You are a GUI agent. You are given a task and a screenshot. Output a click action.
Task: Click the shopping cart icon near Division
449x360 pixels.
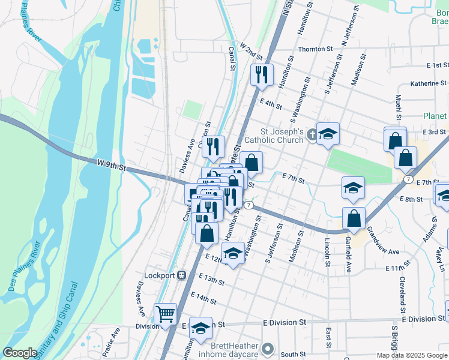tap(165, 313)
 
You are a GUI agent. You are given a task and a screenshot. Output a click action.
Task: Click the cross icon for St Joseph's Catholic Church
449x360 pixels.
tap(312, 134)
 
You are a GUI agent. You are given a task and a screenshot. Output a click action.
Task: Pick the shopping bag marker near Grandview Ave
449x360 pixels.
tap(354, 218)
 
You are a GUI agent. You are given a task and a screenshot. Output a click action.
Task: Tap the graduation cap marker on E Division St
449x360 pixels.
tap(201, 328)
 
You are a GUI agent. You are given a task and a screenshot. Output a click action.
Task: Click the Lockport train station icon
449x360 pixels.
tap(182, 275)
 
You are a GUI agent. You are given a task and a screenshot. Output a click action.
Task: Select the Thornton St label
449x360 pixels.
tap(316, 49)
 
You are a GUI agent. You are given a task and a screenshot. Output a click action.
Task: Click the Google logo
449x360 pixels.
tap(20, 353)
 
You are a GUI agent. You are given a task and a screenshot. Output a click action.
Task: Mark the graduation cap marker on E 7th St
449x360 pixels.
tap(353, 188)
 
